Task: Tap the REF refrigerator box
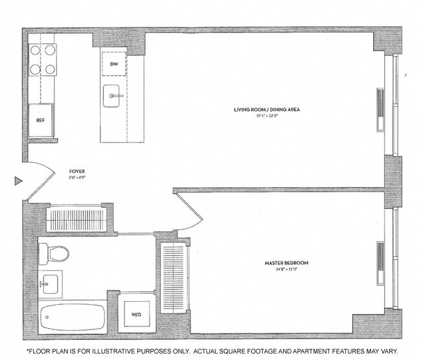point(40,120)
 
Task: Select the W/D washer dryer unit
point(137,315)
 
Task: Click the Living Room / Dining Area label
point(266,109)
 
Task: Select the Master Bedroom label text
point(286,262)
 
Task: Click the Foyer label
point(76,173)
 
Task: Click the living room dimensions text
point(266,116)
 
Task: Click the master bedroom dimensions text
point(286,269)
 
